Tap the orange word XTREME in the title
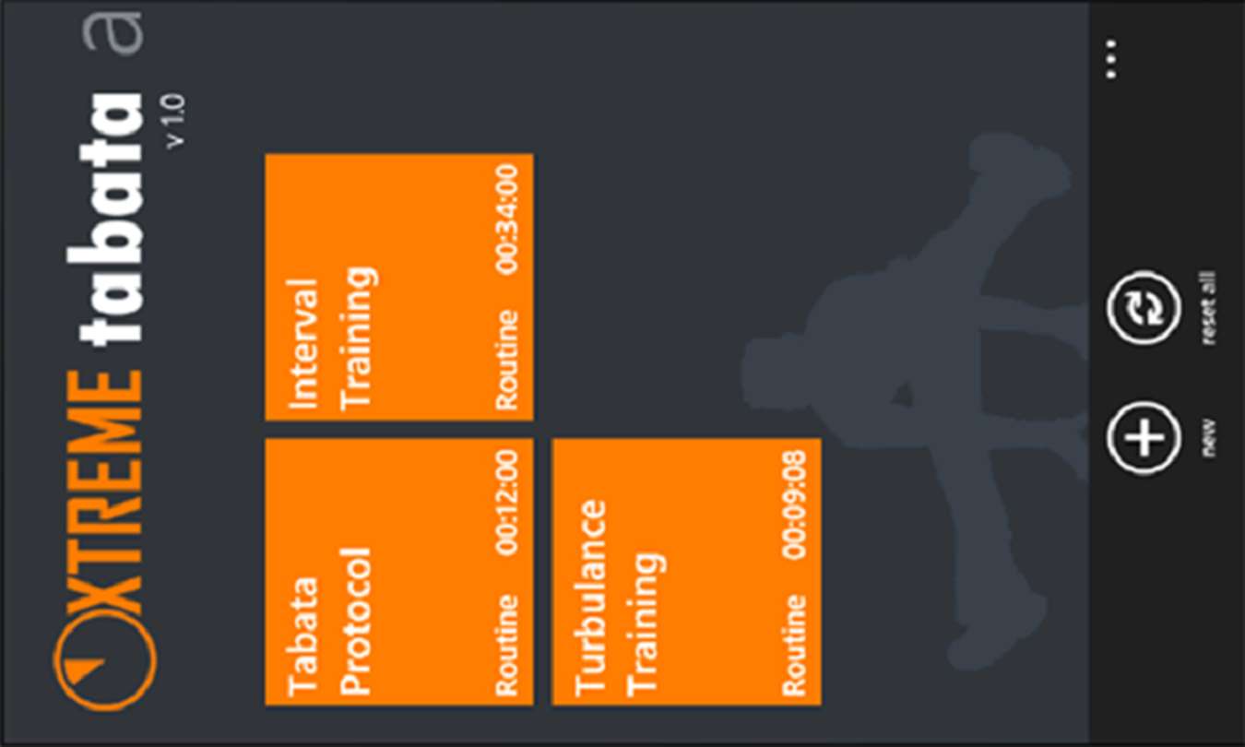105,492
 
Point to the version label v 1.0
175,121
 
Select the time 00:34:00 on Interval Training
507,219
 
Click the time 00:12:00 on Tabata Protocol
507,504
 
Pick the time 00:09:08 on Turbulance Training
794,504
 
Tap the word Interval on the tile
303,344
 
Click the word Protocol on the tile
355,622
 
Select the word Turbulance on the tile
590,598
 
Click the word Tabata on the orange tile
303,637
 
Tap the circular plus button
1144,438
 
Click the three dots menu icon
1110,59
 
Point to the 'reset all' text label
1208,307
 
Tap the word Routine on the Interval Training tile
507,361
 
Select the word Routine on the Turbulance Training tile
794,646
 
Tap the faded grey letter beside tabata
113,32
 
